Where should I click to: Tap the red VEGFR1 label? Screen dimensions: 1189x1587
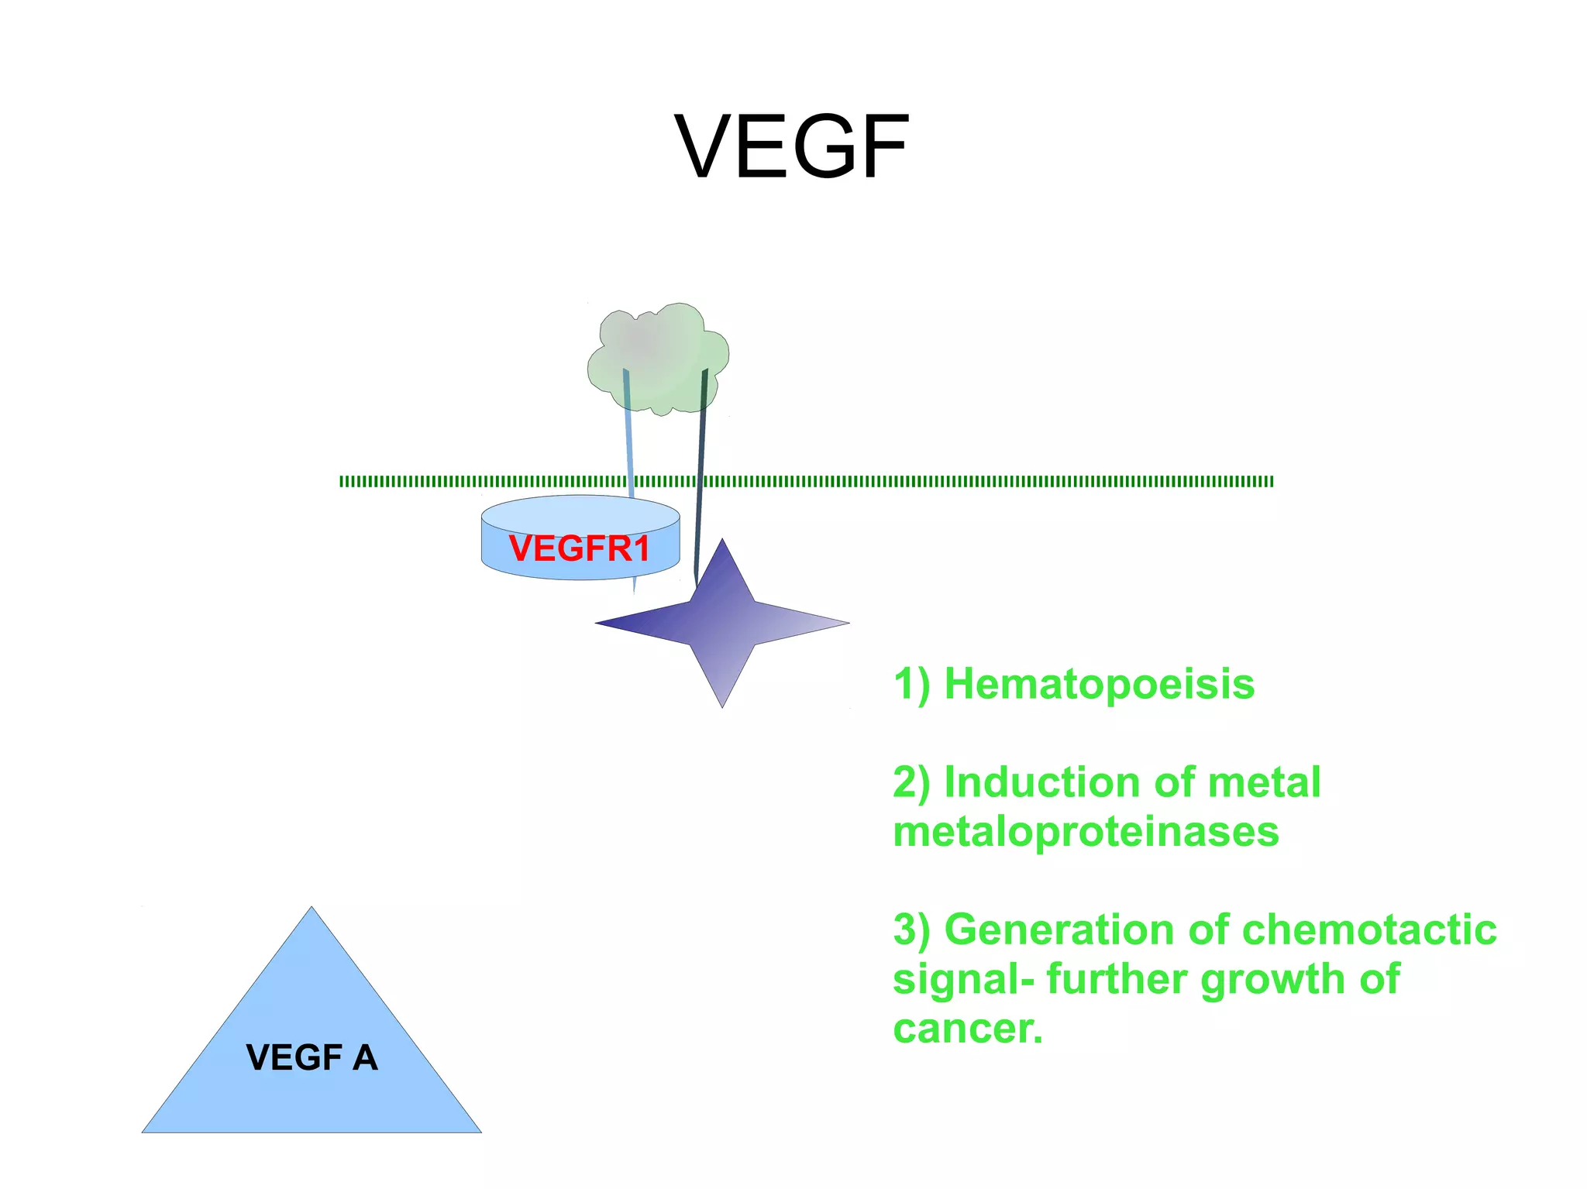pos(579,548)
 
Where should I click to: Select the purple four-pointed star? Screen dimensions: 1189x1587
pos(722,622)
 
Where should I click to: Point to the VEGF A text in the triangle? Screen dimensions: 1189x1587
pos(312,1057)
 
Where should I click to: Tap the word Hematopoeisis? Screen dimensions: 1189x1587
pos(1099,685)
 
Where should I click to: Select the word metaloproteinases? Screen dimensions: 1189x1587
pos(1085,831)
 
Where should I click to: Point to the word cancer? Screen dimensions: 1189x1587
pos(966,1029)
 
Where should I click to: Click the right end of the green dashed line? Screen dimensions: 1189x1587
pos(1271,482)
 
